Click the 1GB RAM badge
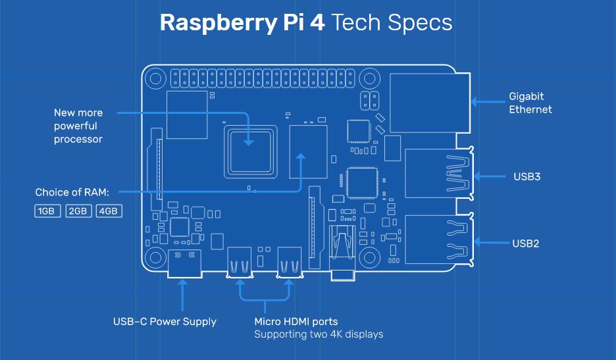[47, 211]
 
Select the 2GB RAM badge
[78, 211]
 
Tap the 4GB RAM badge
[109, 211]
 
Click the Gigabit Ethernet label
[530, 103]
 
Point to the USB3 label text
[526, 176]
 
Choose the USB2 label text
[526, 243]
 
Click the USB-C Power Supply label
[165, 322]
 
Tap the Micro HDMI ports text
[295, 322]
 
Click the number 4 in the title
[316, 23]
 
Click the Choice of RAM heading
[72, 192]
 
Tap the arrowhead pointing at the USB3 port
[476, 176]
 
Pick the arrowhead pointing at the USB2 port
[476, 243]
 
